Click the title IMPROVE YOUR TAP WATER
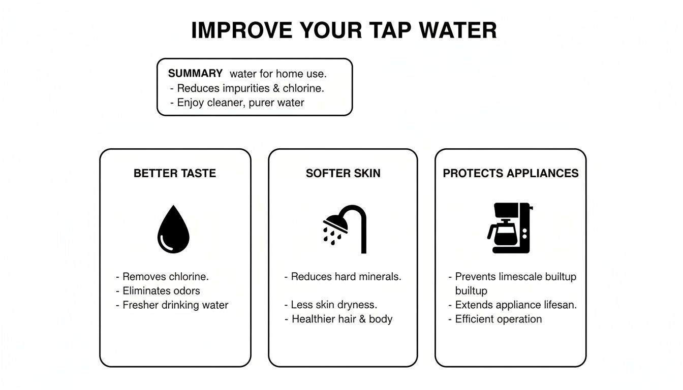pos(344,30)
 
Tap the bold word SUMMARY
pos(195,74)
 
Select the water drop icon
pos(173,230)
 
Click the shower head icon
pos(344,229)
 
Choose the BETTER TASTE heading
pos(175,174)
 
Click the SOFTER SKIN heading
pos(343,174)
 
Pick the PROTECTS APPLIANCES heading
pos(510,174)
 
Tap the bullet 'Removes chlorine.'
pos(165,277)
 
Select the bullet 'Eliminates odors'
pos(161,291)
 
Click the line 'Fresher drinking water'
pos(175,305)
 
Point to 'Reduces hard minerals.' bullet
pos(346,277)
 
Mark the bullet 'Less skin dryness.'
pos(333,305)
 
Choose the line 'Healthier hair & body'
pos(341,319)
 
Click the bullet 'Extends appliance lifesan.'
pos(515,305)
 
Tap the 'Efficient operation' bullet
pos(498,319)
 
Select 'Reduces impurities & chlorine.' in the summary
pos(250,88)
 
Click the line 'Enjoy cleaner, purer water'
pos(240,103)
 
